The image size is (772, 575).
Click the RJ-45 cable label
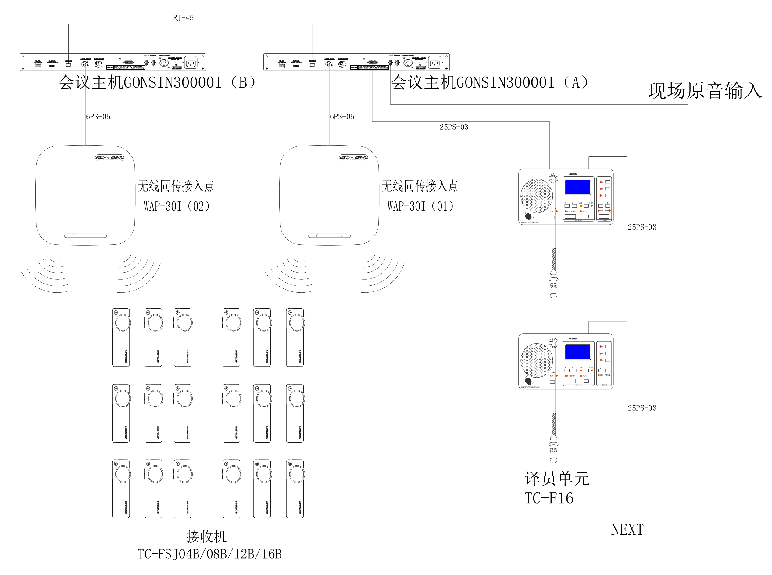pos(183,18)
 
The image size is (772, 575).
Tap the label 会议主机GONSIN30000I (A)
pos(490,83)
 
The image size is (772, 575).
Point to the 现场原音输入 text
pos(705,91)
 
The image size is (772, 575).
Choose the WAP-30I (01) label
pos(421,206)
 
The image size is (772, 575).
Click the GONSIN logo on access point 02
pos(109,158)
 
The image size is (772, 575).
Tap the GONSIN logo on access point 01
pos(353,158)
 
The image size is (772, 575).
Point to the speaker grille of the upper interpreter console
pos(536,196)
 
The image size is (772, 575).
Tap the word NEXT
pos(627,530)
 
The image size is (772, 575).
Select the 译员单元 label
pos(557,479)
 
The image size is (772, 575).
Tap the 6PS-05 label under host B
pos(98,117)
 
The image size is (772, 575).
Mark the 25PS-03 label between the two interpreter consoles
pos(642,227)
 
